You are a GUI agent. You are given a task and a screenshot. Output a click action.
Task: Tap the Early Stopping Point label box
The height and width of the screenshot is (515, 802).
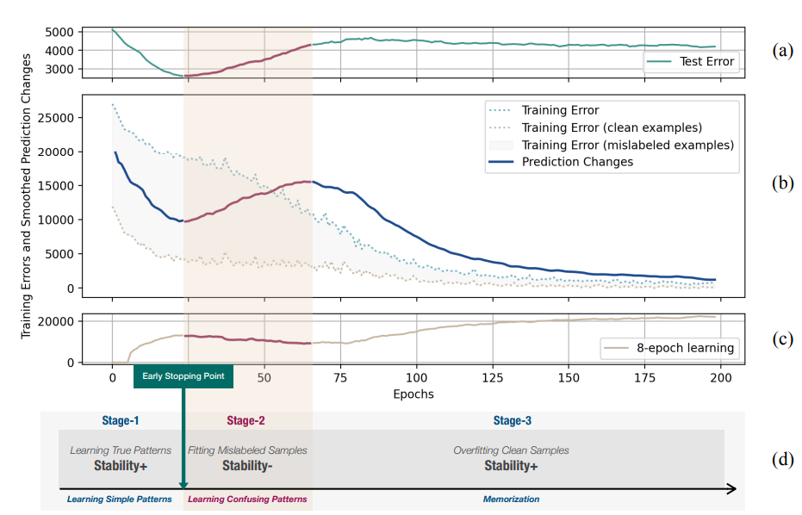tap(183, 375)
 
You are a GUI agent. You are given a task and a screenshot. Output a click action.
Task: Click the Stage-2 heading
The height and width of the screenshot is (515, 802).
tap(247, 420)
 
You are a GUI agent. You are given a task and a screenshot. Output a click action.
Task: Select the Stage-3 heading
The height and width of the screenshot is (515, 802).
tap(513, 420)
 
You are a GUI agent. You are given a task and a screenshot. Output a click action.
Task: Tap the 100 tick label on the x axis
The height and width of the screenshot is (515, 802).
tap(416, 378)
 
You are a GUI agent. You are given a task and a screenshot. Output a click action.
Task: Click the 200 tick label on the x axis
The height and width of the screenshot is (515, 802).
tap(720, 378)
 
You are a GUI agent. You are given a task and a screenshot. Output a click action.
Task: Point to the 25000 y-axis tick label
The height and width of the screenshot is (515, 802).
tap(58, 117)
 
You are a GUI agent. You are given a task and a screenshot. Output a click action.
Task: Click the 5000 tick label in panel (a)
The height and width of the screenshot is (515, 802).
tap(61, 33)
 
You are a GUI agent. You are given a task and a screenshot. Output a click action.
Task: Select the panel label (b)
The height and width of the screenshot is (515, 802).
tap(781, 183)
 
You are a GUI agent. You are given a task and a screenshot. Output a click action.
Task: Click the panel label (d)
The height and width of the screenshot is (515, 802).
tap(781, 459)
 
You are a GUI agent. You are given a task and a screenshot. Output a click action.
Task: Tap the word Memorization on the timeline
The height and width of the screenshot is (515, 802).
tap(511, 499)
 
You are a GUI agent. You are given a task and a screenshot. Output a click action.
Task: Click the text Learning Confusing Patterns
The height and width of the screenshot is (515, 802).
tap(247, 499)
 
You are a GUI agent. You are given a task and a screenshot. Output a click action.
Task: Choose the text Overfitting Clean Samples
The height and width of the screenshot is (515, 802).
tap(511, 450)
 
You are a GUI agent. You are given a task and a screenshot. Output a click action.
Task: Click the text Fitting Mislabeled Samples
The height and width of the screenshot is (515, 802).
tap(247, 450)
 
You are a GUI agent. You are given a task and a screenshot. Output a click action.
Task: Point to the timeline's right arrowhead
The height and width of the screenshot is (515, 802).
tap(731, 489)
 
